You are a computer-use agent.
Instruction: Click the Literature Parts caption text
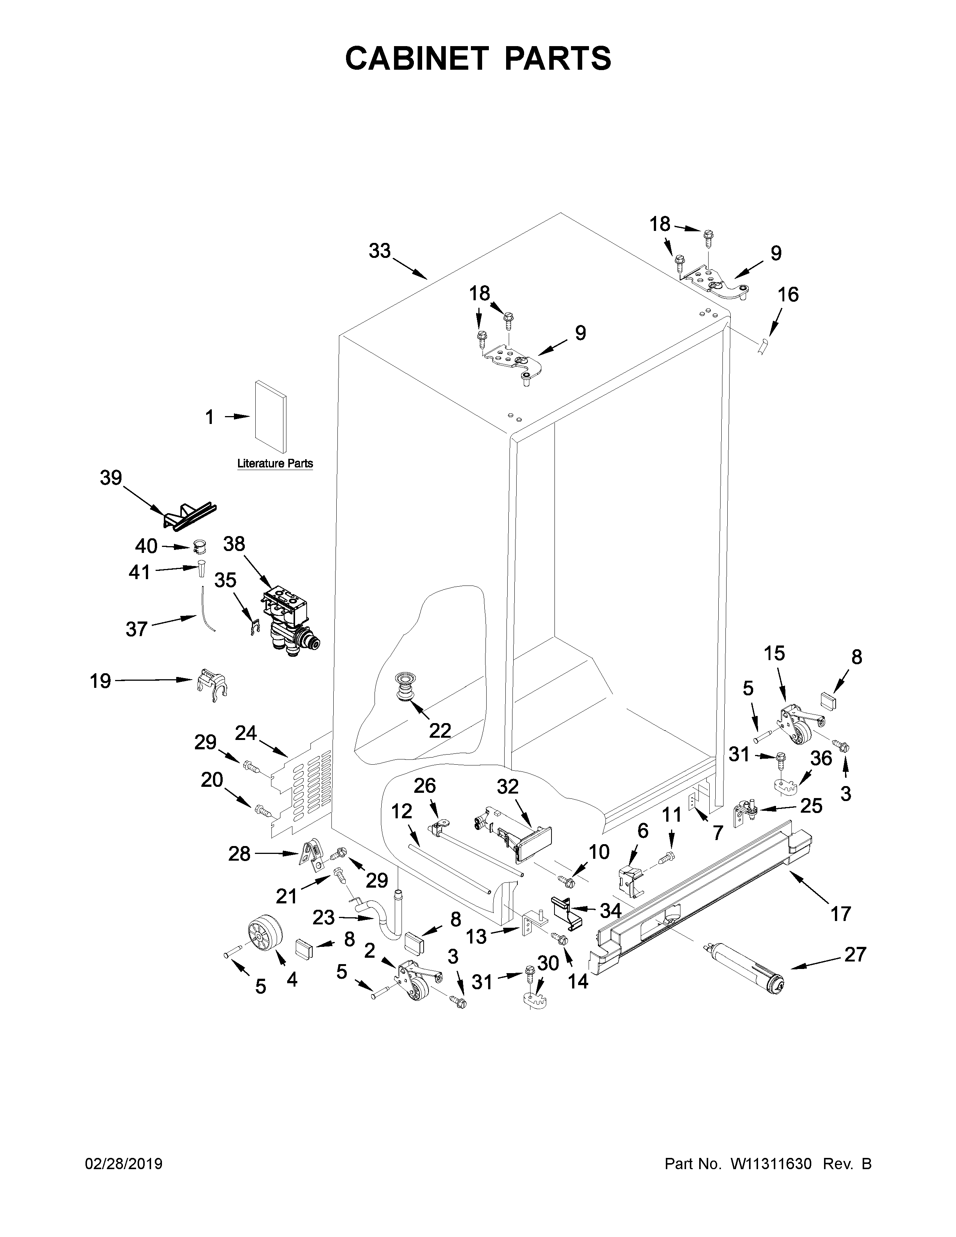275,463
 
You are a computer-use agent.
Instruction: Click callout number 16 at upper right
788,295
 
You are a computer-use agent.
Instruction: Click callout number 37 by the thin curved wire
136,629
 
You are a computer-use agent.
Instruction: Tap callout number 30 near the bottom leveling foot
548,963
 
